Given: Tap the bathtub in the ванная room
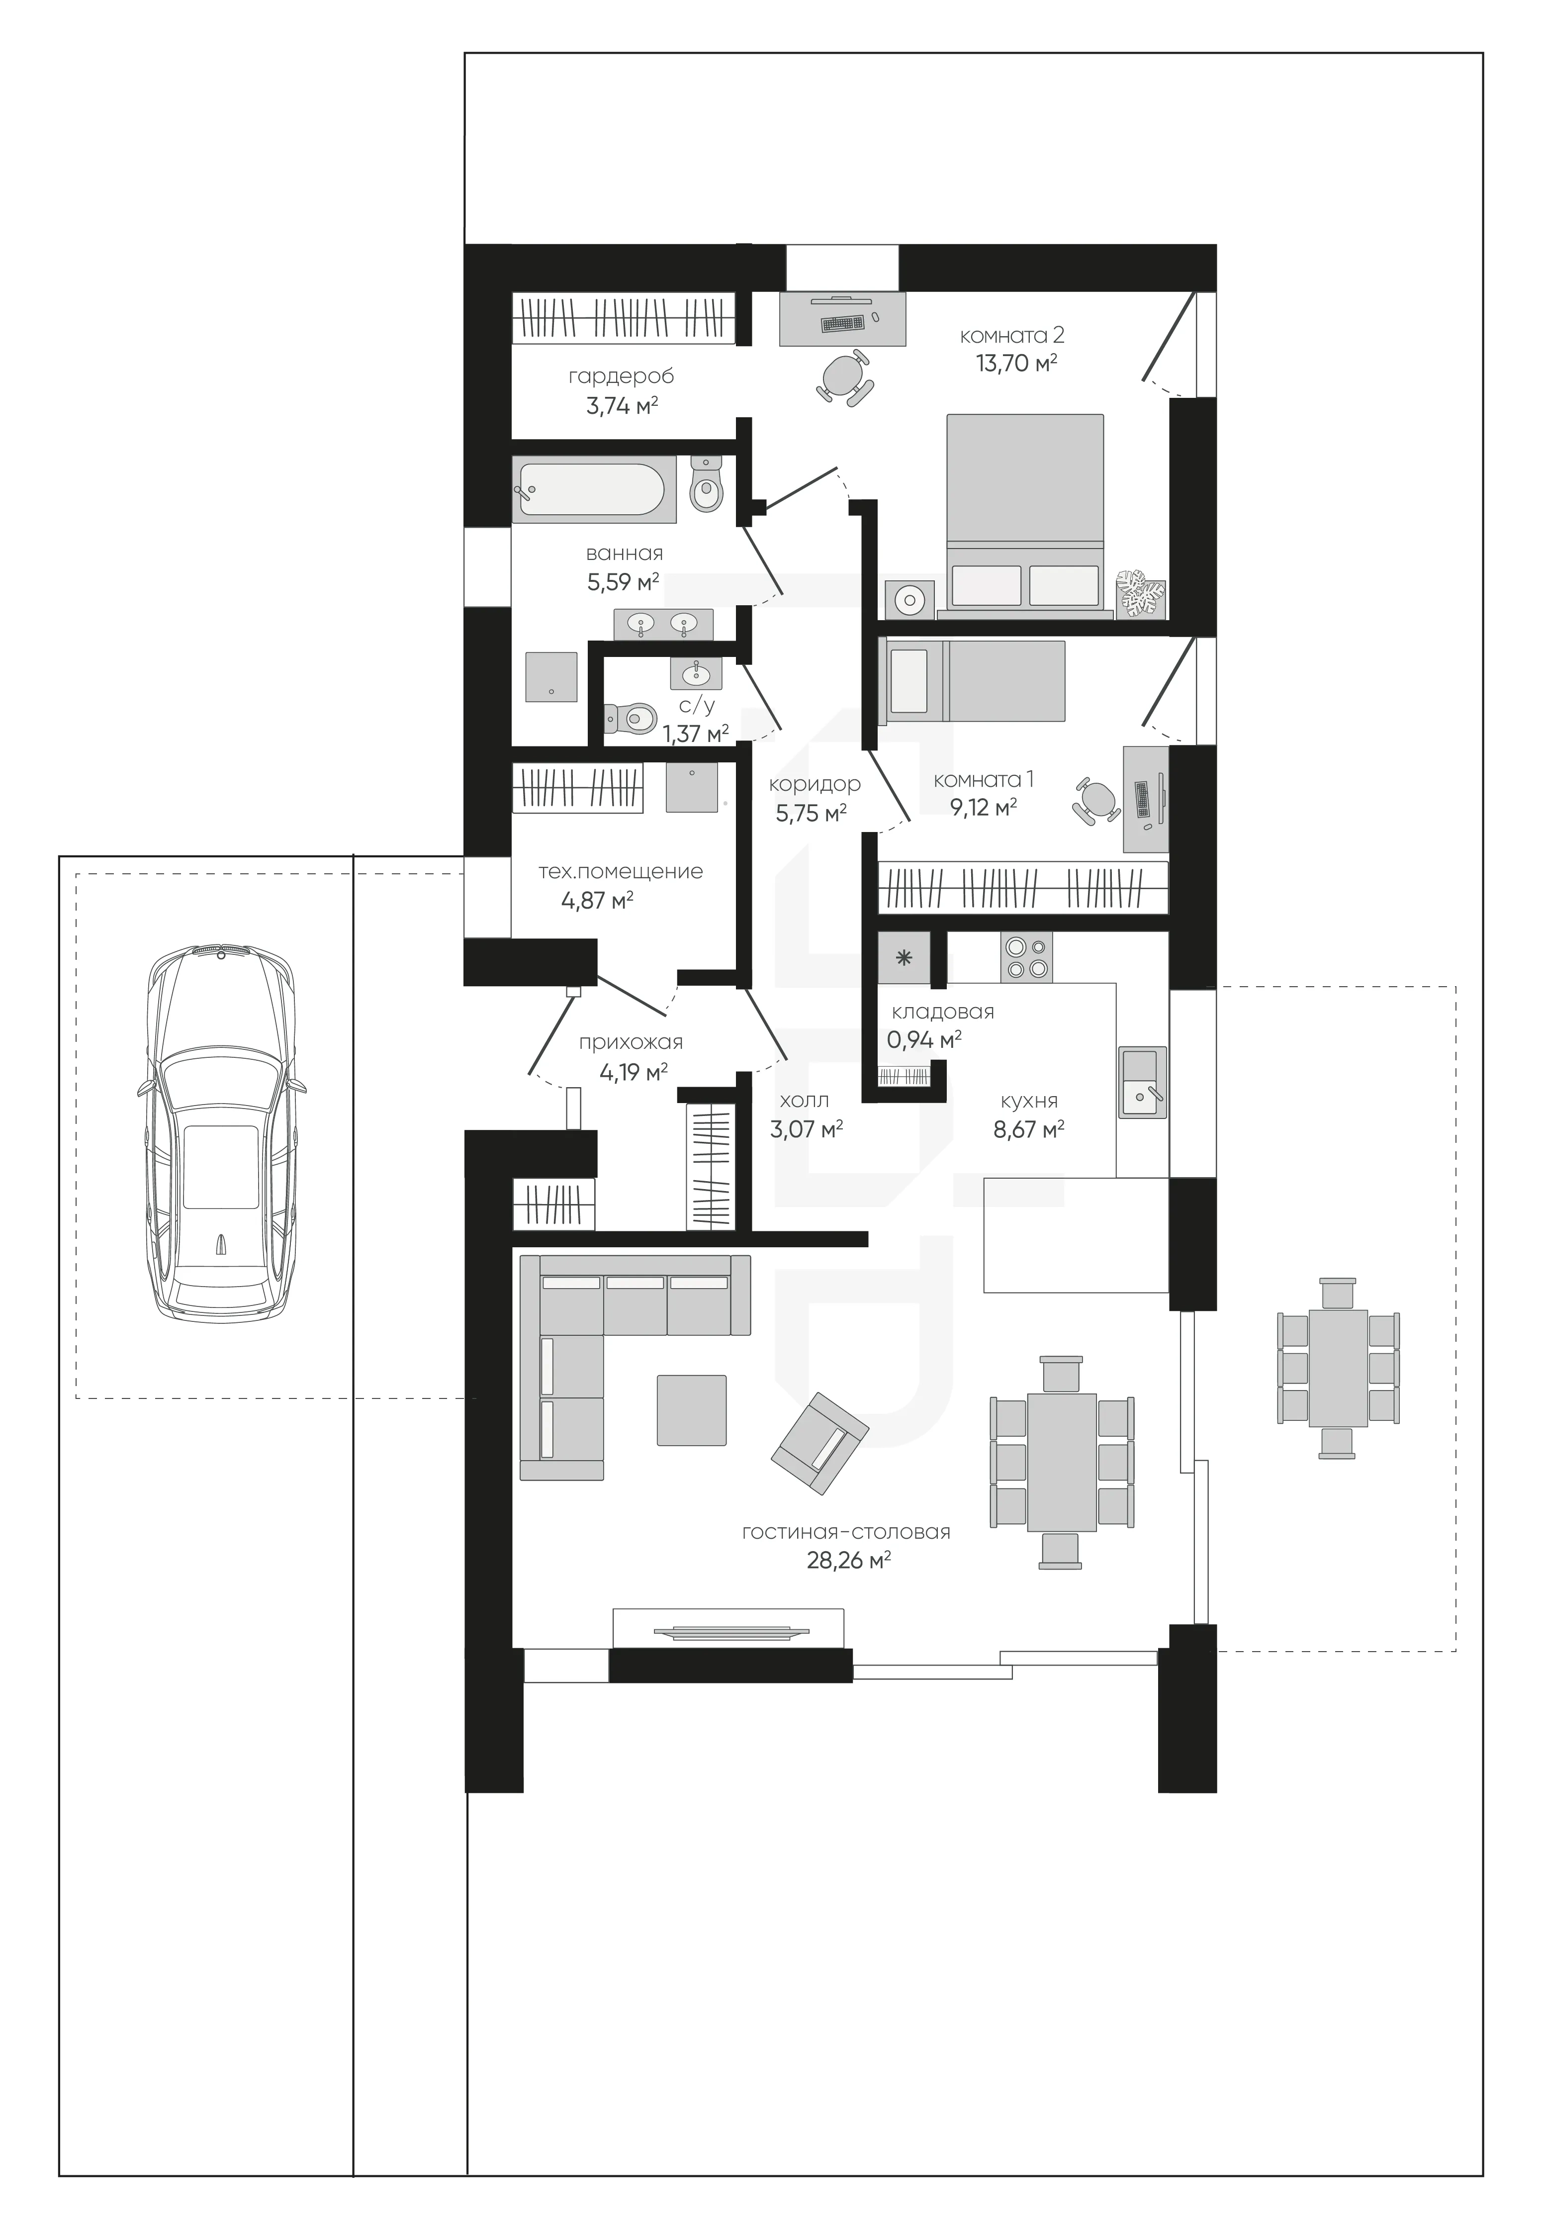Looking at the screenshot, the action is [591, 489].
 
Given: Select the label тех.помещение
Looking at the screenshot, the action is [620, 871].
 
